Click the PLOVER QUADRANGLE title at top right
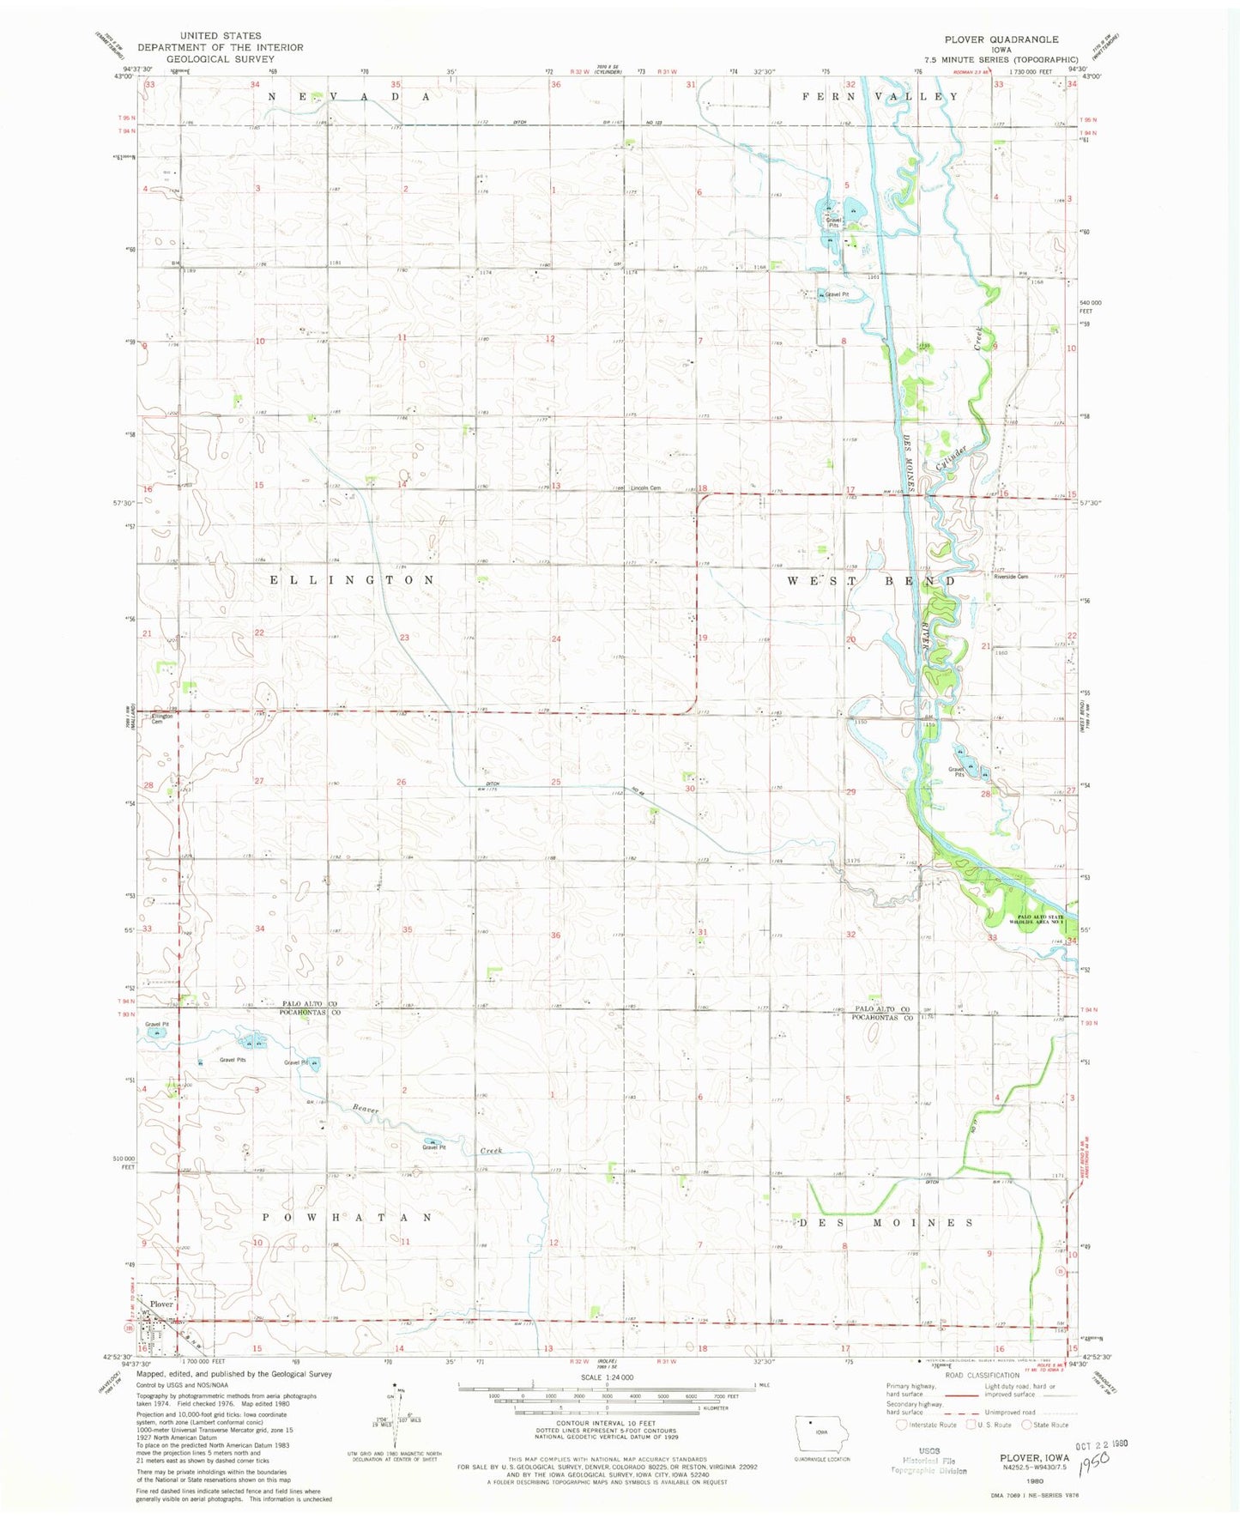point(1001,39)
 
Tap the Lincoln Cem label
point(645,488)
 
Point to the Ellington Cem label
point(162,718)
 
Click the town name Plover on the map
point(161,1304)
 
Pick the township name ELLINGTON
point(352,580)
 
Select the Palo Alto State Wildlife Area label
point(1039,920)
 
